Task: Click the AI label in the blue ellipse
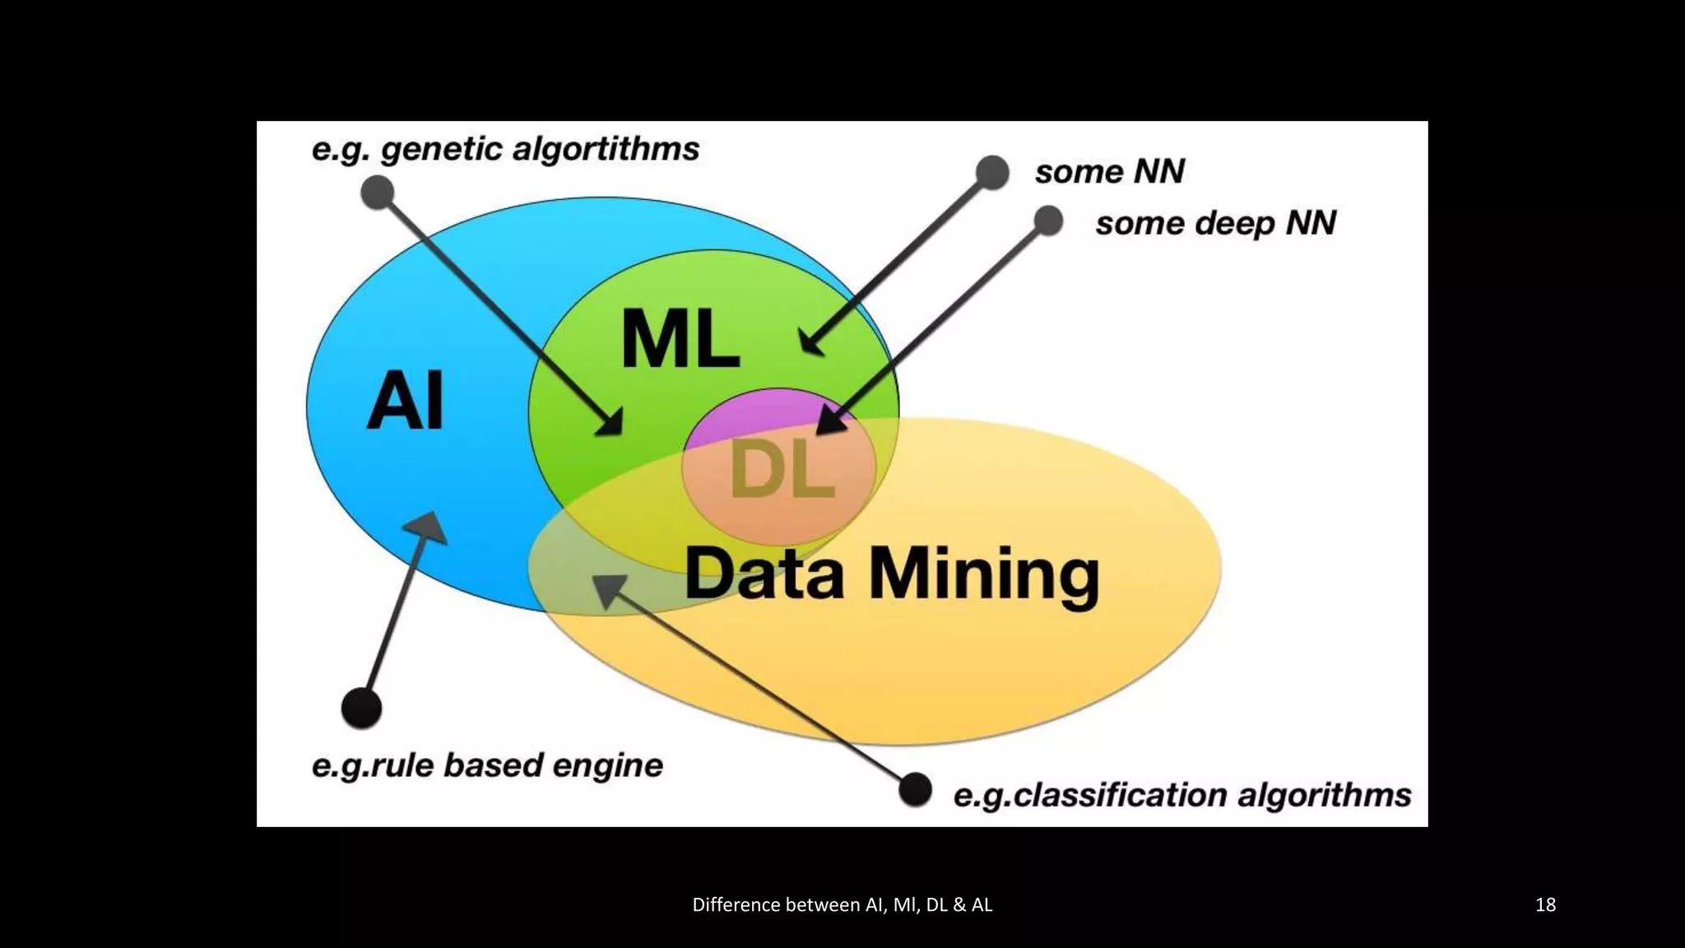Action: pyautogui.click(x=405, y=401)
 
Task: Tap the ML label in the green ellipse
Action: pyautogui.click(x=680, y=338)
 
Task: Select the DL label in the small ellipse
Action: pyautogui.click(x=782, y=470)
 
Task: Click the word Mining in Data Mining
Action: pyautogui.click(x=984, y=575)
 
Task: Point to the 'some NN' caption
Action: pyautogui.click(x=1109, y=172)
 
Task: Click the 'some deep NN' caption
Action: pyautogui.click(x=1215, y=223)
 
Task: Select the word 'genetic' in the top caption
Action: pyautogui.click(x=441, y=150)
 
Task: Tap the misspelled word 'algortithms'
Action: pyautogui.click(x=606, y=150)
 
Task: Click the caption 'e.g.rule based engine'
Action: pyautogui.click(x=487, y=765)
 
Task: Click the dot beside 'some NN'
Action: pyautogui.click(x=992, y=172)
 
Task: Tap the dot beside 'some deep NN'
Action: pyautogui.click(x=1048, y=221)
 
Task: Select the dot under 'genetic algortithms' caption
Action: pyautogui.click(x=378, y=192)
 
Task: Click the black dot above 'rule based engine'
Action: pyautogui.click(x=361, y=708)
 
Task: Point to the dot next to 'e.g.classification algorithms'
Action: pyautogui.click(x=915, y=790)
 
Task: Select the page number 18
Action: pyautogui.click(x=1545, y=904)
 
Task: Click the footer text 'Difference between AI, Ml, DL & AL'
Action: pyautogui.click(x=842, y=904)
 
